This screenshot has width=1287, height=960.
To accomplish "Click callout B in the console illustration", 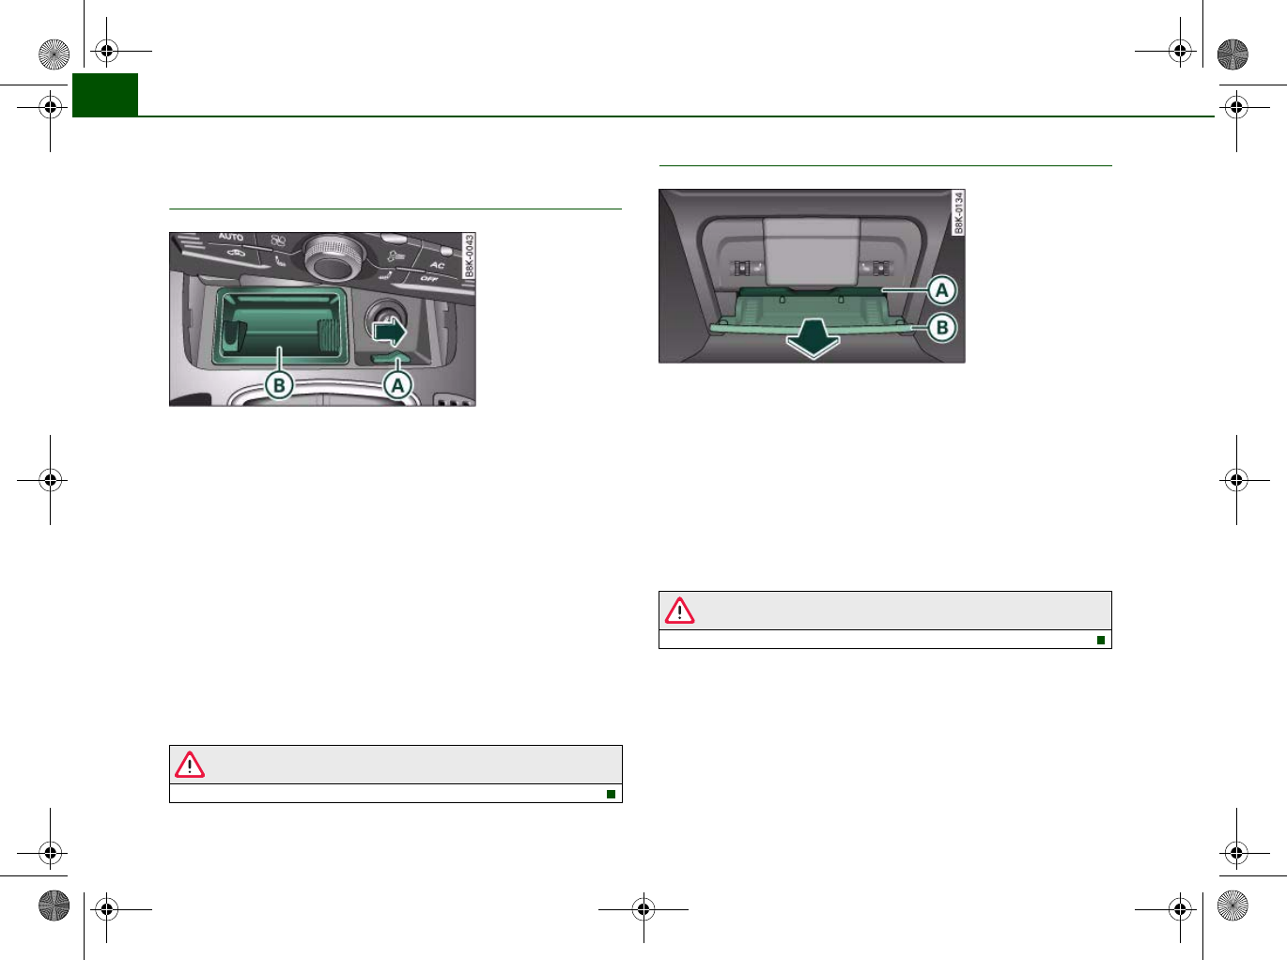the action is tap(279, 385).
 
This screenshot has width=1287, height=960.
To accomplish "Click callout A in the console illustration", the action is tap(398, 385).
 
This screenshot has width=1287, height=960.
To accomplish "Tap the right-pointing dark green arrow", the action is tap(390, 331).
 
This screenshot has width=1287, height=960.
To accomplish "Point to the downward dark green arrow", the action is tap(813, 339).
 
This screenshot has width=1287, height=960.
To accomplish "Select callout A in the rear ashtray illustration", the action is tap(941, 290).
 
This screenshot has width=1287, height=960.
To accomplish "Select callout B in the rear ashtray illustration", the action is tap(941, 328).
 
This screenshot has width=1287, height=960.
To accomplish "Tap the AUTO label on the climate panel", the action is tap(231, 238).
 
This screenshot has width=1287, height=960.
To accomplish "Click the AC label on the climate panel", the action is tap(437, 266).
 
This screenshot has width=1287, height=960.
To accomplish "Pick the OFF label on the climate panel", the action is tap(429, 279).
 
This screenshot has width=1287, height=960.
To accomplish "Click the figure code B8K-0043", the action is tap(469, 255).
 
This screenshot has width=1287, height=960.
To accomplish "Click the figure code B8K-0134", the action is tap(958, 212).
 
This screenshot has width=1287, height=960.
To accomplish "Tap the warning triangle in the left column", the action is tap(190, 765).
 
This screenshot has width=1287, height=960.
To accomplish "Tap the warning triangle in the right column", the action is tap(679, 611).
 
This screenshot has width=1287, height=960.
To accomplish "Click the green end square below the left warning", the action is tap(611, 794).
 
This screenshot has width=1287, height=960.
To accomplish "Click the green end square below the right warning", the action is tap(1100, 640).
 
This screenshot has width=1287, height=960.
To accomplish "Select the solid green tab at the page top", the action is tap(105, 94).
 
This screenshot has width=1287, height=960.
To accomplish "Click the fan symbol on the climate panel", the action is tap(278, 240).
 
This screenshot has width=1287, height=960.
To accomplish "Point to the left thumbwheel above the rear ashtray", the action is tap(741, 268).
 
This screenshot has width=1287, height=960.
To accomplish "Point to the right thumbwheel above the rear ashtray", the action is tap(881, 268).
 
